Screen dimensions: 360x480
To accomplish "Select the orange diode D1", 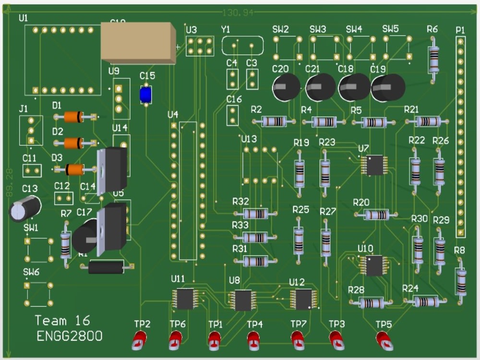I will [x=74, y=117].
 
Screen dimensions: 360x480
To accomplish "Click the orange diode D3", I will [x=74, y=169].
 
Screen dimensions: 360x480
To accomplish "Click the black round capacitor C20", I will [x=286, y=87].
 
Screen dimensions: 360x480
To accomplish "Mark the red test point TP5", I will [x=384, y=340].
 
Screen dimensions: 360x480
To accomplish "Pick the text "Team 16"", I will [x=62, y=321].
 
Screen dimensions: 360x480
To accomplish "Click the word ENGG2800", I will [x=70, y=336].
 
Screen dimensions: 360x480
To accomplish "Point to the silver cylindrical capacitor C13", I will [x=25, y=209].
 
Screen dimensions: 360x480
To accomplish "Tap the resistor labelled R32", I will [x=255, y=214].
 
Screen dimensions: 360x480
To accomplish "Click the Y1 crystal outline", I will [x=243, y=46].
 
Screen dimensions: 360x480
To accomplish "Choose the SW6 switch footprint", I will [x=38, y=294].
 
